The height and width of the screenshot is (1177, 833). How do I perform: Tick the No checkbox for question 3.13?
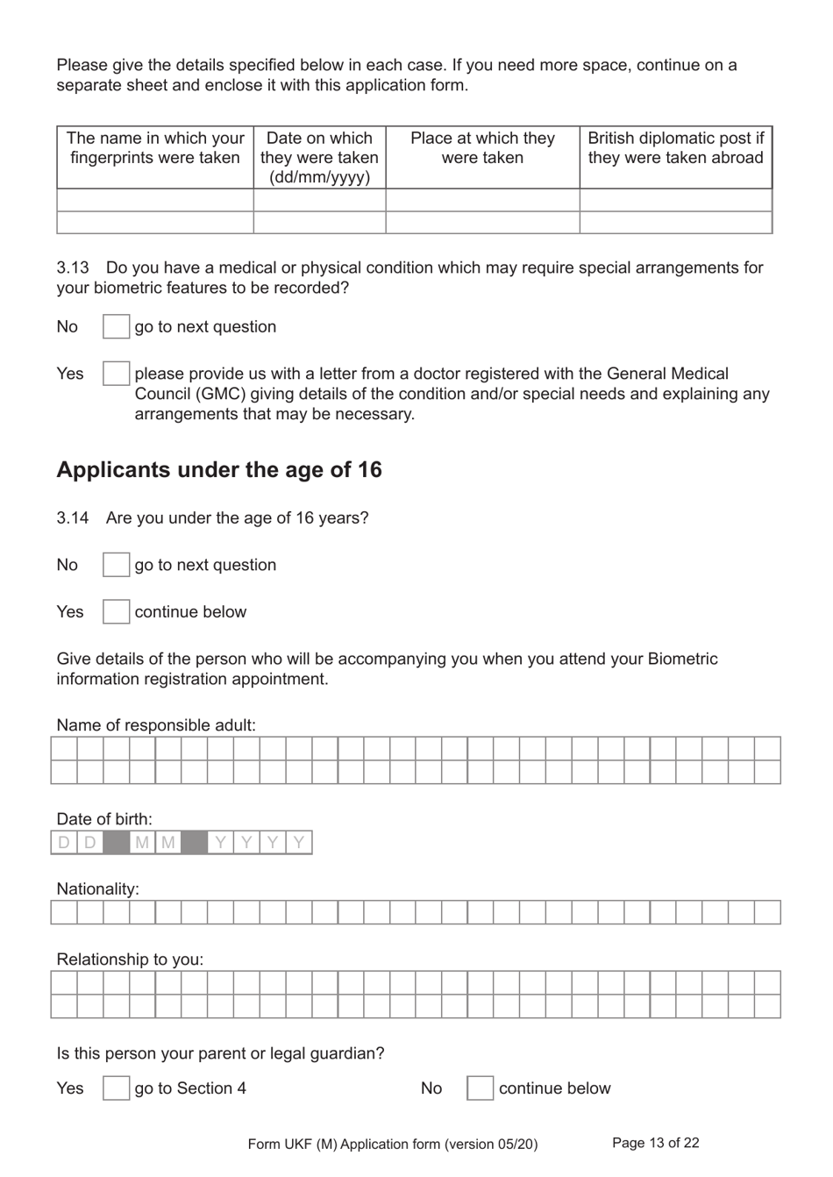point(116,327)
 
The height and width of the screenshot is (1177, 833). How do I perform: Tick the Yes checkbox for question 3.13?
point(116,374)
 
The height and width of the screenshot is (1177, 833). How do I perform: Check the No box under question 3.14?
point(116,565)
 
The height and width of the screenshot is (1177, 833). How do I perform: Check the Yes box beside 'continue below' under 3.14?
point(116,611)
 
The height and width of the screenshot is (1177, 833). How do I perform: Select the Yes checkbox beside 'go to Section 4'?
point(116,1088)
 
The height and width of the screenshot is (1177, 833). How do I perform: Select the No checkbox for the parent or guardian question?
point(480,1088)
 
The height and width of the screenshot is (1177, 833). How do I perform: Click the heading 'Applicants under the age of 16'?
point(219,470)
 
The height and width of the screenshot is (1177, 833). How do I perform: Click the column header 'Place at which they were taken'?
point(482,148)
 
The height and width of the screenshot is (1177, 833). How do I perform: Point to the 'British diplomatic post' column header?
point(675,148)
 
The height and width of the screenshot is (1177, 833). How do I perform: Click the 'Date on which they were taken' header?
point(319,157)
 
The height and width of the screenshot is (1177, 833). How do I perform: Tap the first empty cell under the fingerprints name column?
point(155,200)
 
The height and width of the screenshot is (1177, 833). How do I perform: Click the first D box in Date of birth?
point(64,843)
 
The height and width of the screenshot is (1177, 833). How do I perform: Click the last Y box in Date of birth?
point(299,843)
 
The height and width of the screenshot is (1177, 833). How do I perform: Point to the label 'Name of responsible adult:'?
point(156,725)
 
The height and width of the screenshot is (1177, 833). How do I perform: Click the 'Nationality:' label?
point(97,888)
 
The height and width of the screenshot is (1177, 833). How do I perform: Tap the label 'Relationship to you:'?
point(130,959)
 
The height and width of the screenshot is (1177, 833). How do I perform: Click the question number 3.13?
point(73,267)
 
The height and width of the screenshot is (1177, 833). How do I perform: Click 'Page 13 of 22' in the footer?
point(655,1143)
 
